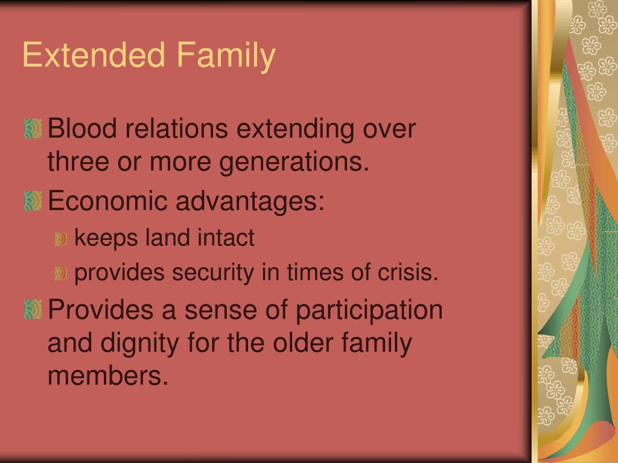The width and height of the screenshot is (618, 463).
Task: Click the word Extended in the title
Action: pos(94,54)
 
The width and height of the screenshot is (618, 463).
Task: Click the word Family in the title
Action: pos(226,57)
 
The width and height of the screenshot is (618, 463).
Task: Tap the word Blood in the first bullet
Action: pos(82,128)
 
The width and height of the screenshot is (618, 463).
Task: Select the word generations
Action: pos(294,163)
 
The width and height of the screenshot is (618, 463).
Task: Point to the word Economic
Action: pos(107,200)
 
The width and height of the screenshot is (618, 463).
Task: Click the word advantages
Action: pos(250,202)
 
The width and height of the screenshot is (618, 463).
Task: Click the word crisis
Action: pos(408,272)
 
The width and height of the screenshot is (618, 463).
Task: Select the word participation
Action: pos(369,311)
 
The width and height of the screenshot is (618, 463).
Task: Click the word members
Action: pos(108,375)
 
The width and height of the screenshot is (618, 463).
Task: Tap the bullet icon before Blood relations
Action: pos(33,129)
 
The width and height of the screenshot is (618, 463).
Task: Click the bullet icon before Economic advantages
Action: pos(33,201)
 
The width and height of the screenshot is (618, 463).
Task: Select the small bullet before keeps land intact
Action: pos(61,239)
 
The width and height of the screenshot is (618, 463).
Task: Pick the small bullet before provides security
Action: pos(61,274)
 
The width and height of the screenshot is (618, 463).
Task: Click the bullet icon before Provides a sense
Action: pos(33,309)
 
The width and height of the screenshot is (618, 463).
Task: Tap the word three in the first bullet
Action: pos(78,162)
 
